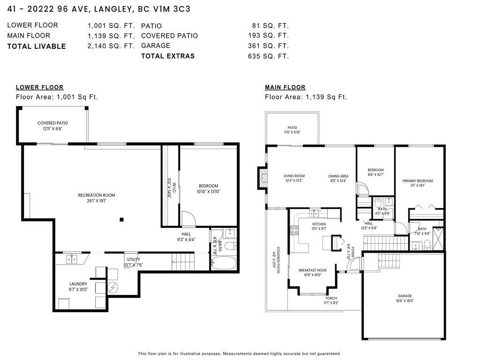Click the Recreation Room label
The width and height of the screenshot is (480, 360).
(96, 195)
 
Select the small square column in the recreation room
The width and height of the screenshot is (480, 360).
(121, 219)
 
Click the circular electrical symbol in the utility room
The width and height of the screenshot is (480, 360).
(112, 288)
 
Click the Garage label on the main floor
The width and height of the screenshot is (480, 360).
(405, 296)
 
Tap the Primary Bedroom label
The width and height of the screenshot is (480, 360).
(417, 180)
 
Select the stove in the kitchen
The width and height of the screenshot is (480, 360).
(295, 230)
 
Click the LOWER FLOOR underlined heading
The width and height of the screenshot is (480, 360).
(39, 87)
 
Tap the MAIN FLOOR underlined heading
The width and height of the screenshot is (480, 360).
(285, 87)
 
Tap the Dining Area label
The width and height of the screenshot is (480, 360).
(338, 176)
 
